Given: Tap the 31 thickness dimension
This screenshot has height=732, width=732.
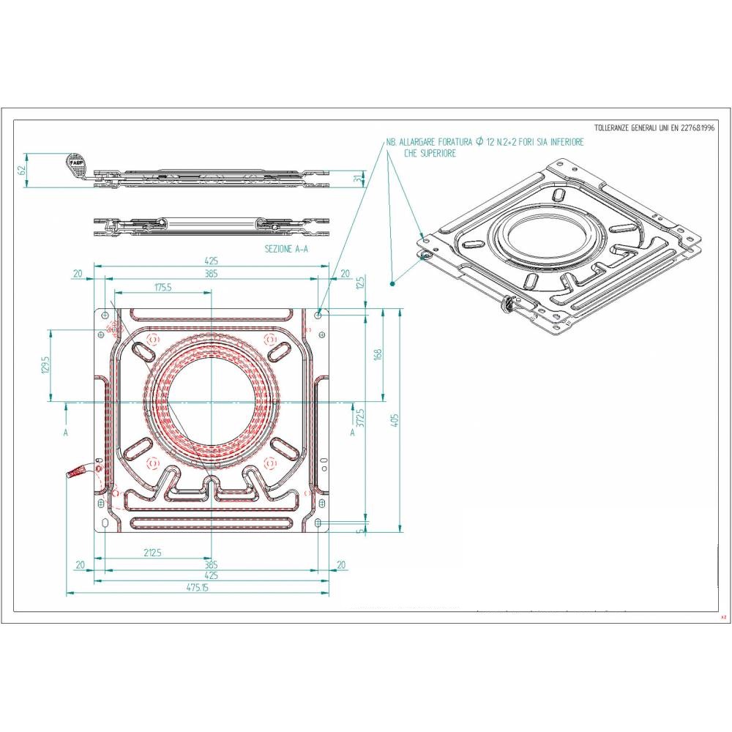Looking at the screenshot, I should point(358,178).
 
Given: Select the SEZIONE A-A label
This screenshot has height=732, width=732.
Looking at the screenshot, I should point(286,249).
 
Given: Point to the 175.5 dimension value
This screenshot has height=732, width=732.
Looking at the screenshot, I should point(163,288).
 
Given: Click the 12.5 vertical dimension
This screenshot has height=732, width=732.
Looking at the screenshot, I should point(359,284).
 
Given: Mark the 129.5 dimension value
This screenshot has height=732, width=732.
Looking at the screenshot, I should point(45,365).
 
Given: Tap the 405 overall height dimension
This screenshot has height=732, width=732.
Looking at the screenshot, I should point(395,421).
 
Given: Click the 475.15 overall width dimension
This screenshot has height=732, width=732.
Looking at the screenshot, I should point(197,588).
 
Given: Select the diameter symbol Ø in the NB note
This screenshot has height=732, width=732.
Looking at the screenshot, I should point(479,142).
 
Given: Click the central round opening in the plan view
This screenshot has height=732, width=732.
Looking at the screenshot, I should point(212,402).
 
